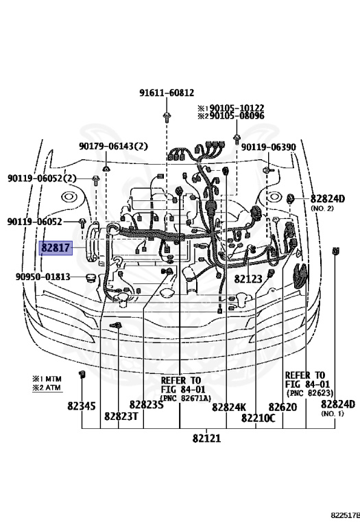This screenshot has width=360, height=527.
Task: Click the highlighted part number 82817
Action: coord(56,248)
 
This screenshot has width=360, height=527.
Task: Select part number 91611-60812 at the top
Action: coord(166,93)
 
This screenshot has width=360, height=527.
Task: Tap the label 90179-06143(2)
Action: coord(112,146)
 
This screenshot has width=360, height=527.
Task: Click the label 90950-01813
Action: coord(43,277)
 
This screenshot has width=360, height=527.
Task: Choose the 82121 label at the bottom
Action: coord(206,438)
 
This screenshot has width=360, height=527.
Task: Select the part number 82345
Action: coord(81,406)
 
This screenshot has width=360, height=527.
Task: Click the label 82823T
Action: coord(121,416)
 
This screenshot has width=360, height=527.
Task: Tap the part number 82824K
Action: coord(228,407)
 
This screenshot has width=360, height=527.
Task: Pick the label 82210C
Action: coord(257,417)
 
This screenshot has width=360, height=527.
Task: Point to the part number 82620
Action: coord(282,406)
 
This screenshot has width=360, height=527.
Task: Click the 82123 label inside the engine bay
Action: coord(248,279)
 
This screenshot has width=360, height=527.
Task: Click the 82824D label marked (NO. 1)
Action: coord(337,404)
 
